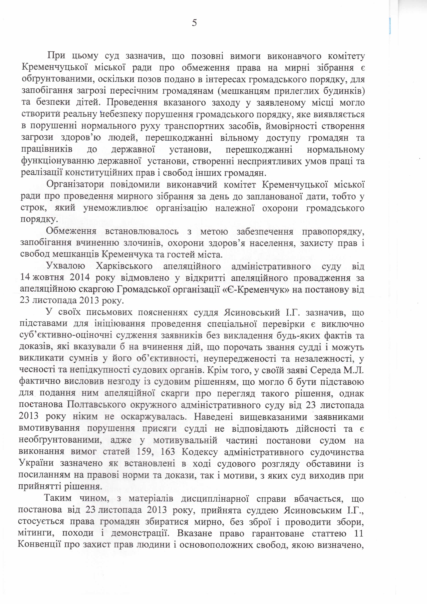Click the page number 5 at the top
click(194, 23)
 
